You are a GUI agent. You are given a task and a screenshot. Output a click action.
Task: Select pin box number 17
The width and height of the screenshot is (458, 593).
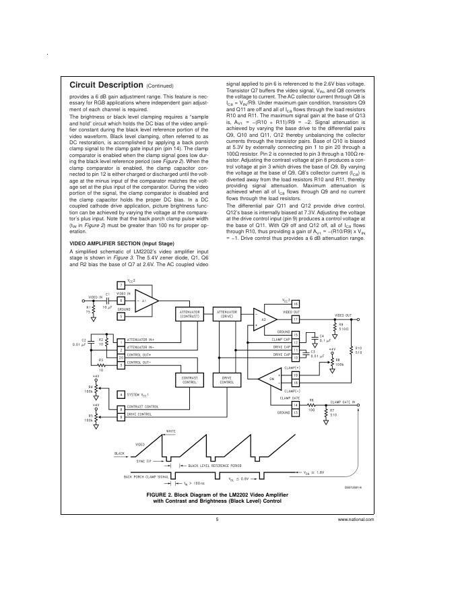pos(295,319)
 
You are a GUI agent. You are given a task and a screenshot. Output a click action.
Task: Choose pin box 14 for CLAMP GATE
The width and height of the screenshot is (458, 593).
pos(295,404)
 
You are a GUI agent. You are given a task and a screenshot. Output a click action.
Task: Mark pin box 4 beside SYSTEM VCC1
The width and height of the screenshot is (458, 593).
pos(121,394)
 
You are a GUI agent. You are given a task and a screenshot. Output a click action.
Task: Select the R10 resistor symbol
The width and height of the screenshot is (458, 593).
pos(351,350)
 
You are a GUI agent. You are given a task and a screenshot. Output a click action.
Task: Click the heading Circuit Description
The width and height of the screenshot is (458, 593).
pos(106,86)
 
